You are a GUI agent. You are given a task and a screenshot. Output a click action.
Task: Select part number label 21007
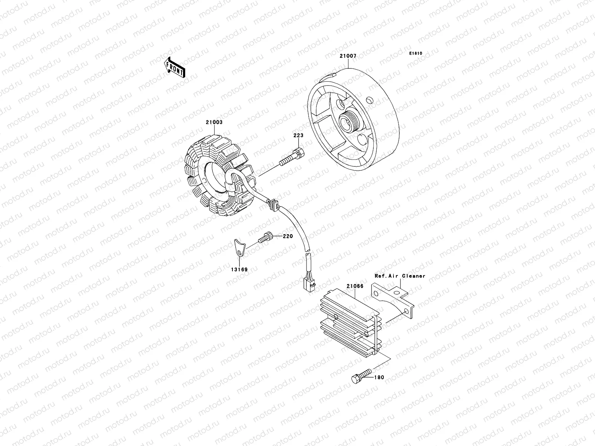[x=348, y=56]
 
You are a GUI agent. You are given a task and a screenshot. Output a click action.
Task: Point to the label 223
[x=298, y=136]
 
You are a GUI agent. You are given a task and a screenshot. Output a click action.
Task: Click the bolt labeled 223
[x=292, y=158]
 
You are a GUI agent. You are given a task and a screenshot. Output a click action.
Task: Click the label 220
[x=287, y=236]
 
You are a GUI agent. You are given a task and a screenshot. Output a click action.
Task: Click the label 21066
[x=355, y=286]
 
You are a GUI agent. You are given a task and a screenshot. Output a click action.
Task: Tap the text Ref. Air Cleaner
[x=400, y=276]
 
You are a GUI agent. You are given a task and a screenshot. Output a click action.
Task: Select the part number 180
[x=379, y=378]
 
